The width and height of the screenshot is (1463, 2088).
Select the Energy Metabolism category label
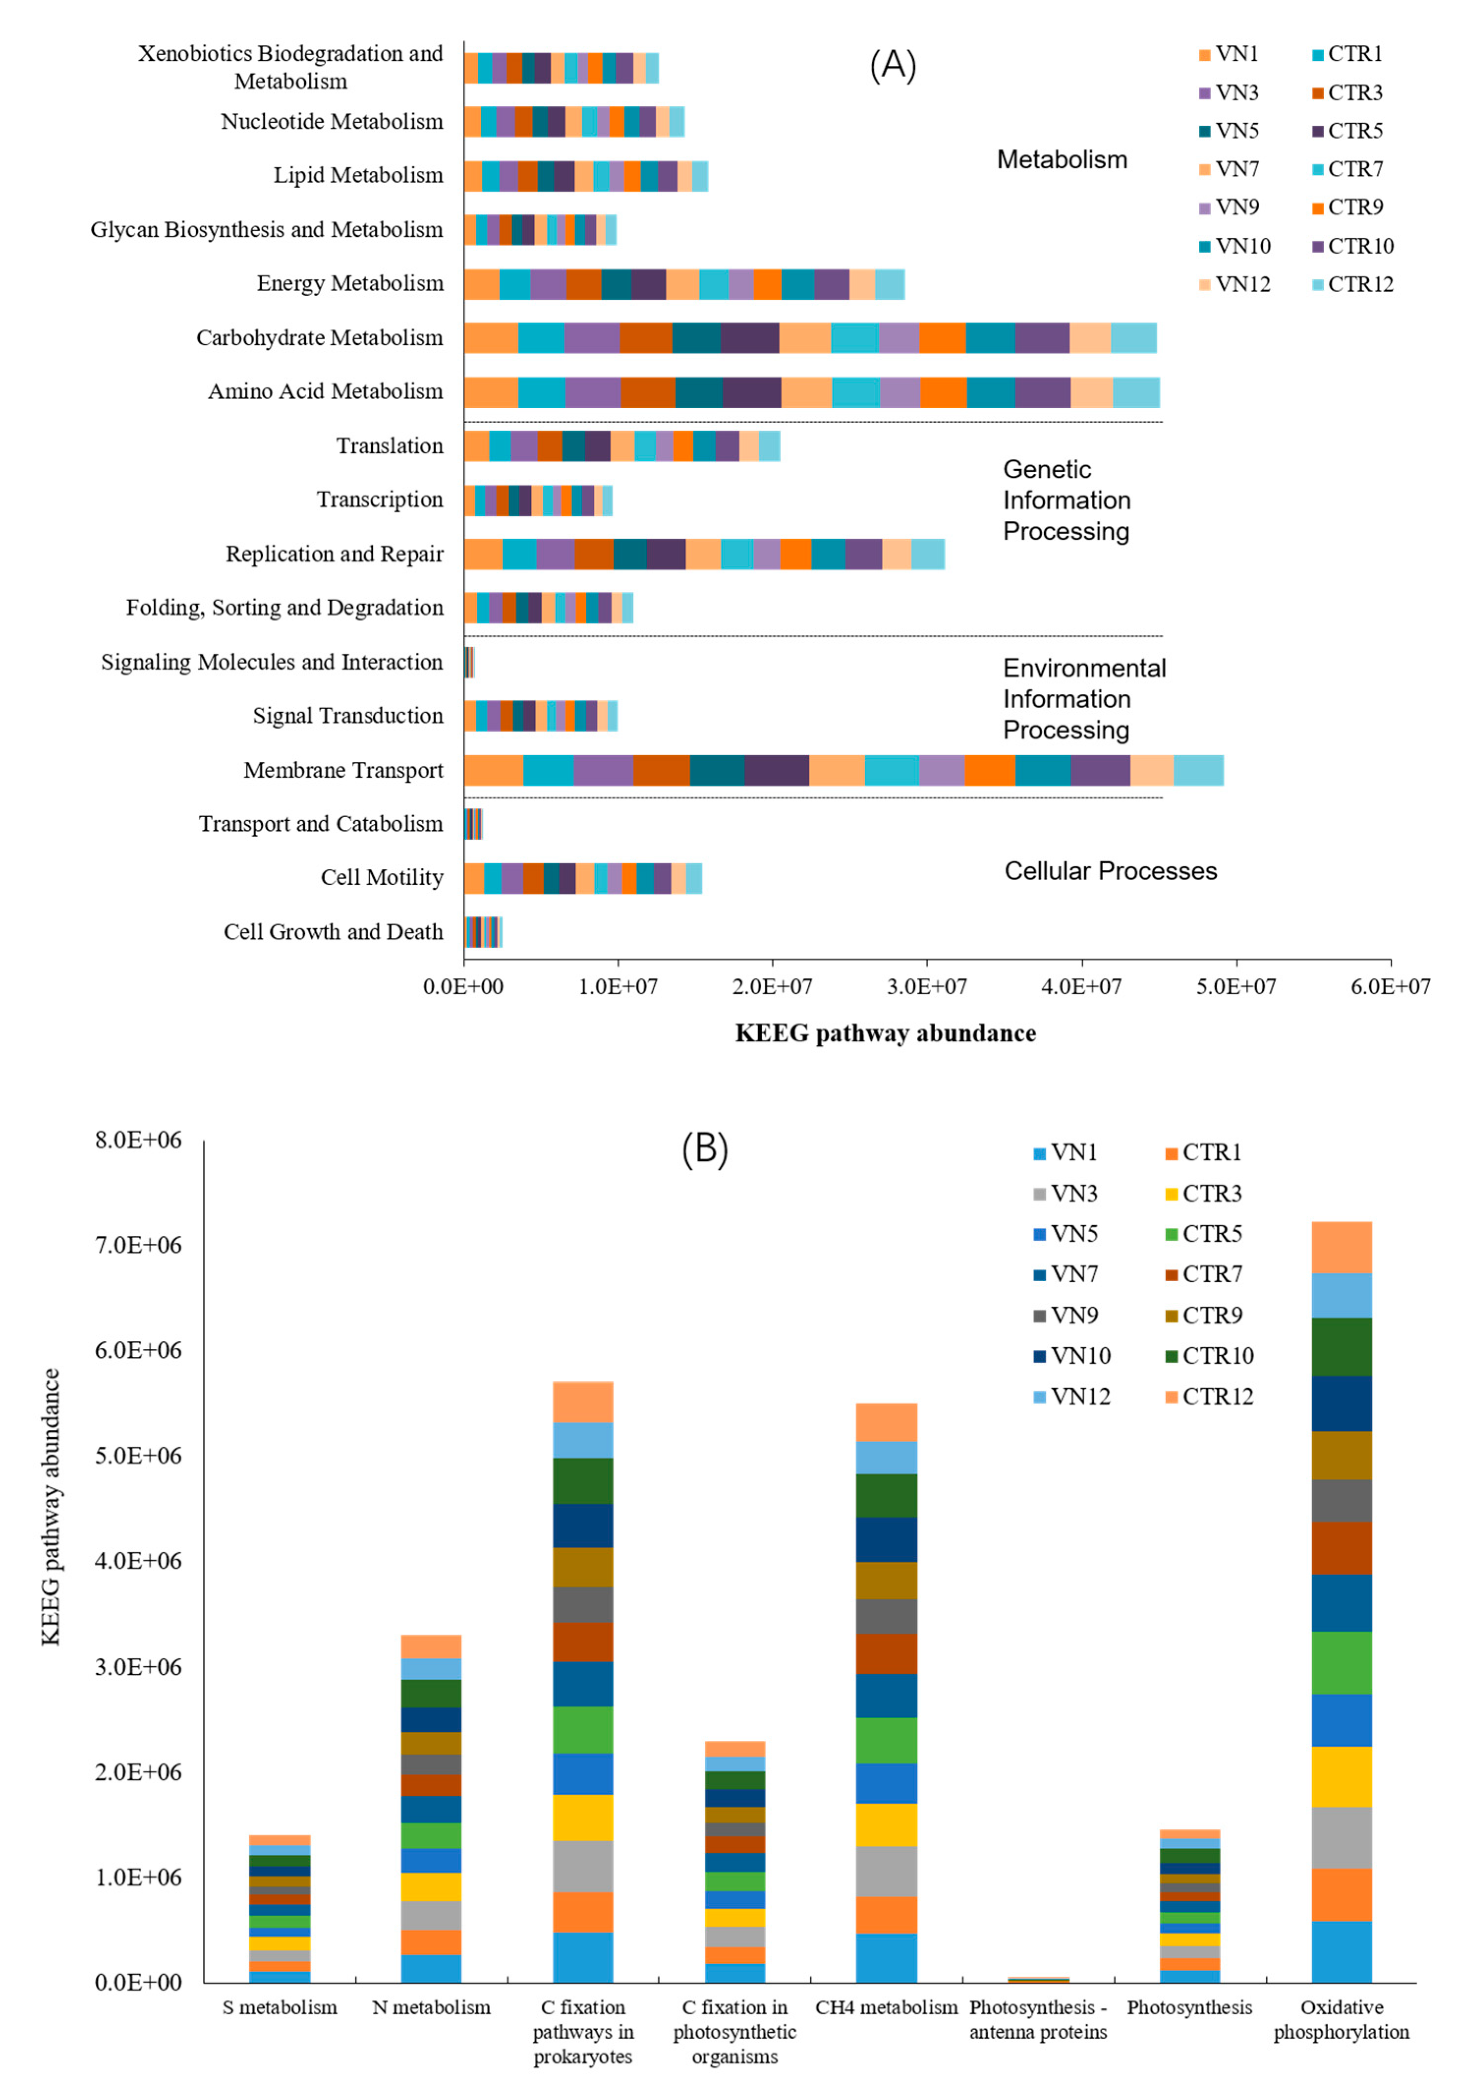(350, 284)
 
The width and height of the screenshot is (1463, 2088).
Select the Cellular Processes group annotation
(1110, 871)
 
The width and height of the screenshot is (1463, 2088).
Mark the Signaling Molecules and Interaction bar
(469, 662)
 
